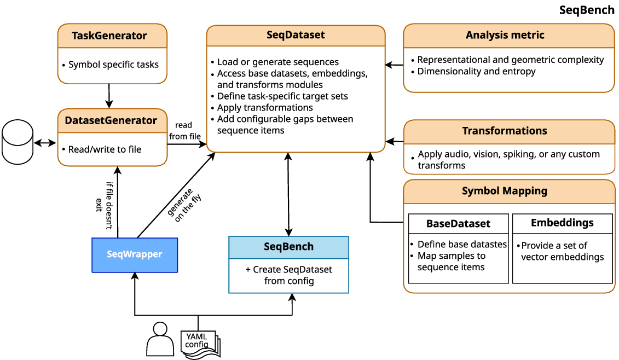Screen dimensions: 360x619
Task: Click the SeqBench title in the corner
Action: pyautogui.click(x=587, y=10)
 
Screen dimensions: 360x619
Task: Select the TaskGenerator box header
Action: pyautogui.click(x=109, y=36)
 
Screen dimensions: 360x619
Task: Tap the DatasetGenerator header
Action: pyautogui.click(x=111, y=121)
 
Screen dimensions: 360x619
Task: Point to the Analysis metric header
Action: pyautogui.click(x=505, y=36)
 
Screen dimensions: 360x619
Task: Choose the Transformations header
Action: pyautogui.click(x=505, y=131)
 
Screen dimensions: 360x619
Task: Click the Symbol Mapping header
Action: pyautogui.click(x=505, y=191)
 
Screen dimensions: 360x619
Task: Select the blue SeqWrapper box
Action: pyautogui.click(x=135, y=254)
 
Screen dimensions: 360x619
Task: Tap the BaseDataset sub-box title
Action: pyautogui.click(x=458, y=224)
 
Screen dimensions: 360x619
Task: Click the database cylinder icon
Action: pyautogui.click(x=17, y=143)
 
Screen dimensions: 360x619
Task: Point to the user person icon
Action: pyautogui.click(x=159, y=340)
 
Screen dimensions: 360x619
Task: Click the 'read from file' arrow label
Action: pyautogui.click(x=184, y=131)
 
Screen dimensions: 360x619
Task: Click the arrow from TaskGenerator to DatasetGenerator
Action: pyautogui.click(x=109, y=96)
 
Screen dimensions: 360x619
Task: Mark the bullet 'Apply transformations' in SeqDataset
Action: pyautogui.click(x=265, y=108)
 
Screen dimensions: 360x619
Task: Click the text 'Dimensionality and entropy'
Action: pyautogui.click(x=476, y=72)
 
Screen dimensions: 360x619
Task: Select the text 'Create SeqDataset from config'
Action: pyautogui.click(x=288, y=275)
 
